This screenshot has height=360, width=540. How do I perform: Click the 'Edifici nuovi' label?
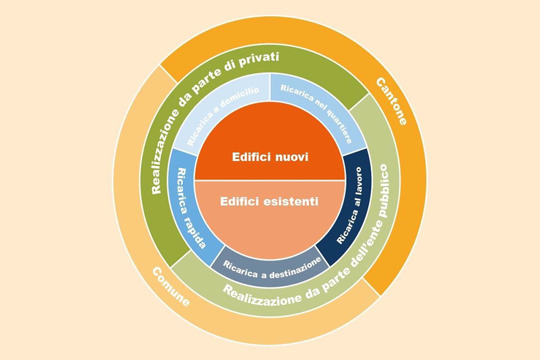click(270, 157)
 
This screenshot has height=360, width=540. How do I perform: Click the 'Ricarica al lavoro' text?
click(350, 206)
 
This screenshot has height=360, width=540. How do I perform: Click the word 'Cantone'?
click(392, 101)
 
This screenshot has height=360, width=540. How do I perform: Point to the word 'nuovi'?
click(290, 157)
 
